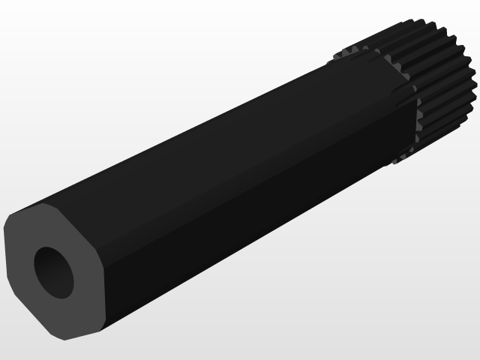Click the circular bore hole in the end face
[54, 271]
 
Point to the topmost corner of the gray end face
[43, 203]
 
